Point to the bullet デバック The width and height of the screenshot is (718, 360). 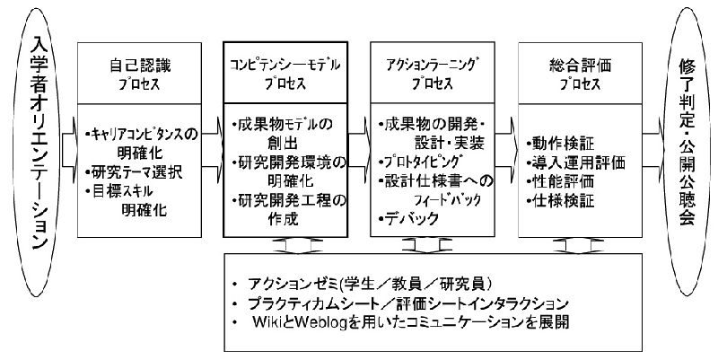(x=408, y=218)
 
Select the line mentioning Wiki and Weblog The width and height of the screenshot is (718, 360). (x=404, y=321)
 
